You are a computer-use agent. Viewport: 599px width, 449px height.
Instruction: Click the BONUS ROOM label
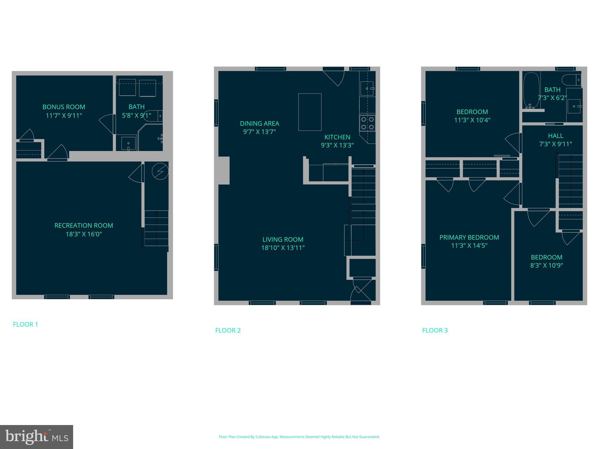pyautogui.click(x=64, y=107)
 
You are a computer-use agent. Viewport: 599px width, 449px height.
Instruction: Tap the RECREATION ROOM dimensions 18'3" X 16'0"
pyautogui.click(x=84, y=234)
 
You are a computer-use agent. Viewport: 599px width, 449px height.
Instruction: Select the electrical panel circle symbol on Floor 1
pyautogui.click(x=160, y=171)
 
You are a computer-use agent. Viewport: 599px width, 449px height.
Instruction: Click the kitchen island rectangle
pyautogui.click(x=310, y=112)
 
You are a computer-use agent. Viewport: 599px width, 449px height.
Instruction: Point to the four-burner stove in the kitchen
pyautogui.click(x=367, y=123)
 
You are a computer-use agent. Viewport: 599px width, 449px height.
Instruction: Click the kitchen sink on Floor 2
pyautogui.click(x=367, y=88)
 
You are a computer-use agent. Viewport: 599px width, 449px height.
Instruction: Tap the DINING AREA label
pyautogui.click(x=259, y=123)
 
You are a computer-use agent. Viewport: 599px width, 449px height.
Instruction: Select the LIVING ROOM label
pyautogui.click(x=283, y=239)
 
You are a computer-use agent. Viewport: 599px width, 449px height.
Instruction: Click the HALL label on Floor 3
pyautogui.click(x=555, y=136)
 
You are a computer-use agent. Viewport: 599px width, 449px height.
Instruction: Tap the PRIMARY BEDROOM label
pyautogui.click(x=469, y=237)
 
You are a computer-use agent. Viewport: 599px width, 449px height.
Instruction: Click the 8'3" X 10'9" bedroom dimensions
pyautogui.click(x=546, y=265)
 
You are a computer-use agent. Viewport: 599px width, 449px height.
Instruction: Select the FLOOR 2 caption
pyautogui.click(x=228, y=330)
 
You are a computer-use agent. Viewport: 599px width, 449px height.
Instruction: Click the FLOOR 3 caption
pyautogui.click(x=435, y=330)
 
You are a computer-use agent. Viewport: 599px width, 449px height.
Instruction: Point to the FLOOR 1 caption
pyautogui.click(x=25, y=324)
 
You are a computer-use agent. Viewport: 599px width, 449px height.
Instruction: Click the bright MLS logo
pyautogui.click(x=37, y=437)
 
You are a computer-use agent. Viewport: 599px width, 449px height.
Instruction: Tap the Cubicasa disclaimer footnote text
pyautogui.click(x=299, y=437)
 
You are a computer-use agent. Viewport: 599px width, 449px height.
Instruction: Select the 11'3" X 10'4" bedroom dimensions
pyautogui.click(x=472, y=120)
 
